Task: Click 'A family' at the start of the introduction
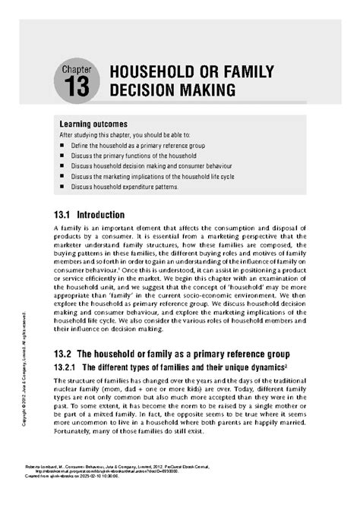click(x=67, y=228)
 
